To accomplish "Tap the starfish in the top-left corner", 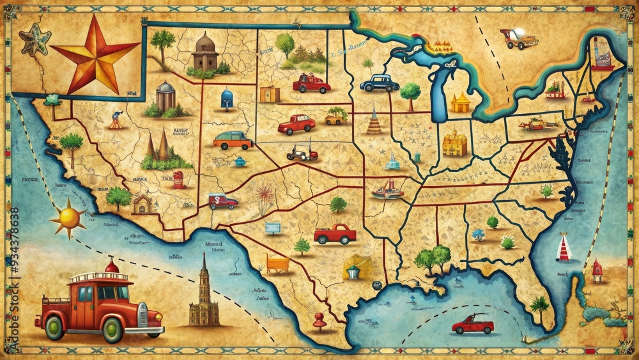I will [x=35, y=39].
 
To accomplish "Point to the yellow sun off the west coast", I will [x=68, y=218].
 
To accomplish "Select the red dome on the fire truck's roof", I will [x=112, y=265].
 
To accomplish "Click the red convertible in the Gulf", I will [x=473, y=324].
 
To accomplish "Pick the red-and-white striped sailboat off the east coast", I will [x=563, y=248].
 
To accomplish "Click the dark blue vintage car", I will [x=380, y=82].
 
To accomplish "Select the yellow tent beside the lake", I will [x=460, y=103].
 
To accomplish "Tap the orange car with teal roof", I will [x=232, y=141].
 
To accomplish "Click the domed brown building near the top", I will [x=206, y=52].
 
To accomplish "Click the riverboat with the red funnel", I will [x=387, y=189].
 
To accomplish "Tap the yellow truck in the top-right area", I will [x=518, y=39].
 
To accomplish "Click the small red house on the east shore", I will [x=597, y=270].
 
